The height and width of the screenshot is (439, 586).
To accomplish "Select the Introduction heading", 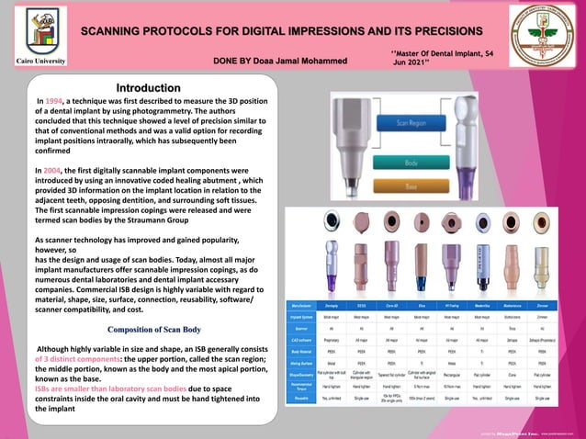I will (148, 89).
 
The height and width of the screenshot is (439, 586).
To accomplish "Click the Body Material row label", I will (302, 351).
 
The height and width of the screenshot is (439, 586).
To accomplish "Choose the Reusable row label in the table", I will (302, 399).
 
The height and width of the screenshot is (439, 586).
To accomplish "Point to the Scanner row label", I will (302, 328).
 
